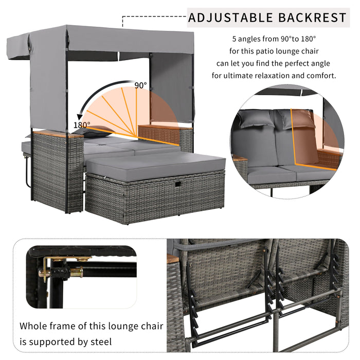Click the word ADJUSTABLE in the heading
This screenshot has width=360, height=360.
pyautogui.click(x=230, y=17)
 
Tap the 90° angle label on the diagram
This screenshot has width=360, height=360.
pyautogui.click(x=140, y=85)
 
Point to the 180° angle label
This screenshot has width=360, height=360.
pyautogui.click(x=82, y=125)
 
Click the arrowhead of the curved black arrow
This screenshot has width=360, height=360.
pyautogui.click(x=80, y=117)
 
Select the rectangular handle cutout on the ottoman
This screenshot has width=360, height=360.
pyautogui.click(x=178, y=184)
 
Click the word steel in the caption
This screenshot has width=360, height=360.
pyautogui.click(x=101, y=342)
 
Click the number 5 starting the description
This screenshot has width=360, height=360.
pyautogui.click(x=234, y=39)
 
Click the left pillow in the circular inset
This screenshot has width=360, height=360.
pyautogui.click(x=255, y=119)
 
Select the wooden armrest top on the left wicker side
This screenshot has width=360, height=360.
pyautogui.click(x=58, y=134)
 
